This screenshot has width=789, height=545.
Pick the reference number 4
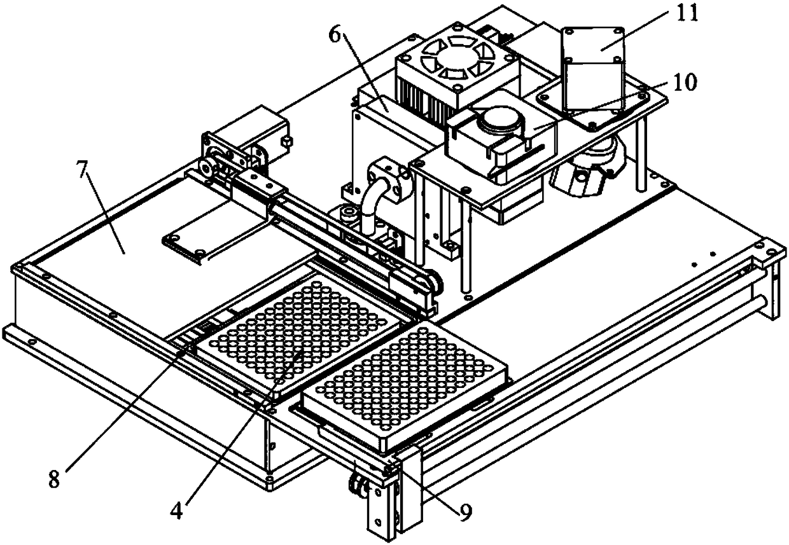pos(179,509)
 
